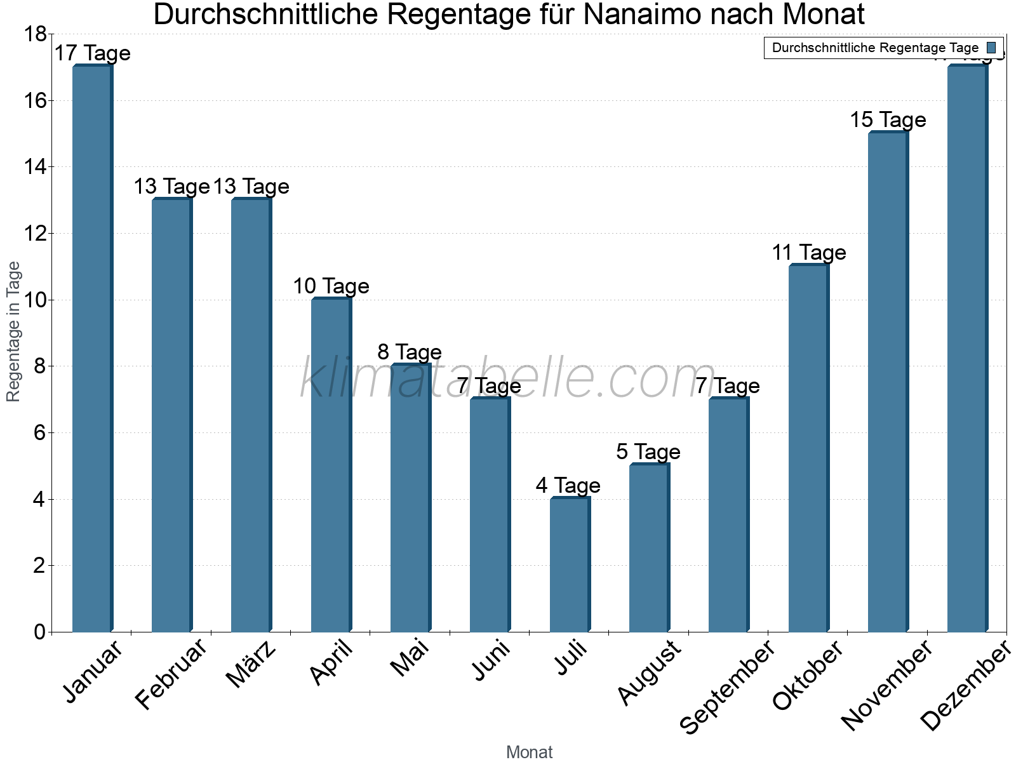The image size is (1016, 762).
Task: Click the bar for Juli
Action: (x=570, y=565)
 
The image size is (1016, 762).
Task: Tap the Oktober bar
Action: (x=808, y=448)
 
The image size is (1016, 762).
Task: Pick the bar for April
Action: (x=331, y=465)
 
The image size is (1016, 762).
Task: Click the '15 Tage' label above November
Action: (x=888, y=119)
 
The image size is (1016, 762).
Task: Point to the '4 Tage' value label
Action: (x=568, y=485)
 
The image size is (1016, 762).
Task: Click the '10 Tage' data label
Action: (x=331, y=286)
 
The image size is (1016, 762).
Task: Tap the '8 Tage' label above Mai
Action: (x=410, y=352)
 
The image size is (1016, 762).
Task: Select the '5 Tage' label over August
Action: (x=648, y=451)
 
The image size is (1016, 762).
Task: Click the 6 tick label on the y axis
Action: (x=39, y=433)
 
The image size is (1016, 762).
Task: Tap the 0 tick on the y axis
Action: (x=39, y=632)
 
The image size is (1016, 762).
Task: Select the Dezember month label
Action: (x=966, y=686)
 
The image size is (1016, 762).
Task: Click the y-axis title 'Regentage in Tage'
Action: (x=14, y=331)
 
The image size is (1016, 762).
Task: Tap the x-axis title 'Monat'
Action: (x=529, y=752)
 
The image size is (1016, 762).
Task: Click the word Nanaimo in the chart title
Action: (x=641, y=14)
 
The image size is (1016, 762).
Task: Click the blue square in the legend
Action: (x=991, y=48)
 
